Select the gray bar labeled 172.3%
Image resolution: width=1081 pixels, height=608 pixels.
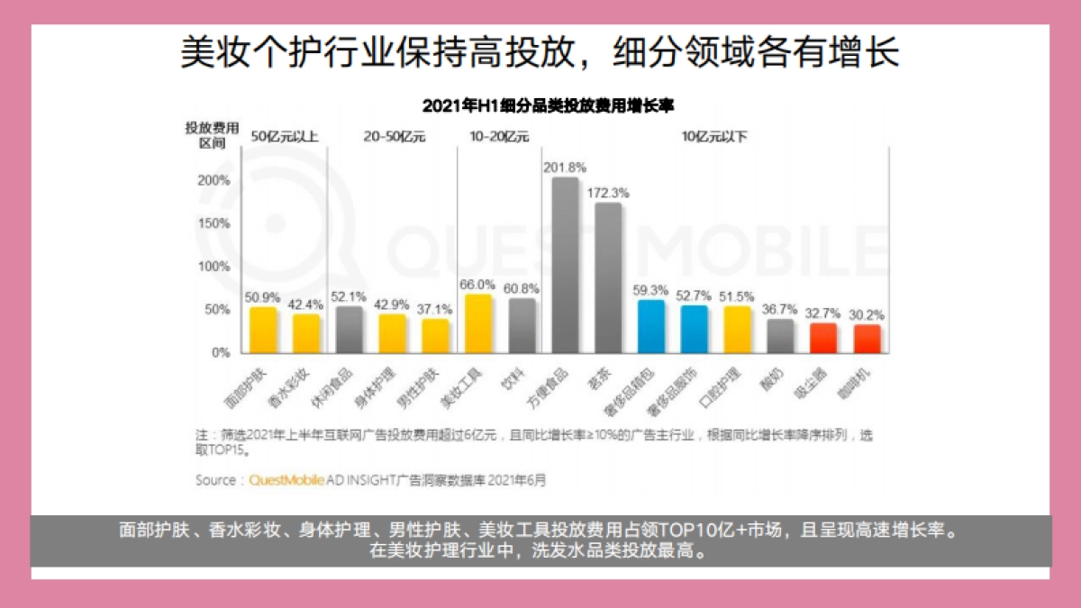click(x=608, y=277)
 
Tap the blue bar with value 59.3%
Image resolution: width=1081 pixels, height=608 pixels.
click(x=651, y=326)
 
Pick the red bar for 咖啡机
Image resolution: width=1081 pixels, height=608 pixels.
click(x=868, y=339)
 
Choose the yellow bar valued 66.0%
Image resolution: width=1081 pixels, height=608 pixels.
click(x=478, y=323)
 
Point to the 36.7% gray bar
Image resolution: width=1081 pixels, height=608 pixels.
click(x=781, y=336)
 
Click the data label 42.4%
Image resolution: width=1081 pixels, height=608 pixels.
click(x=305, y=304)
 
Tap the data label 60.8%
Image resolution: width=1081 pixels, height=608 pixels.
click(x=522, y=288)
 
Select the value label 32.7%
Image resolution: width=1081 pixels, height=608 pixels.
click(x=824, y=313)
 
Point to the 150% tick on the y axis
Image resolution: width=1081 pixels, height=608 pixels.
click(x=213, y=223)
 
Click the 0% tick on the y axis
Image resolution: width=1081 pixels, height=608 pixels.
click(x=222, y=353)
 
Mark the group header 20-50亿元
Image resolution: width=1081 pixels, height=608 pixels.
click(x=394, y=138)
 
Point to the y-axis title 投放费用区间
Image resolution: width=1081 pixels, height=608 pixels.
click(x=212, y=136)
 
